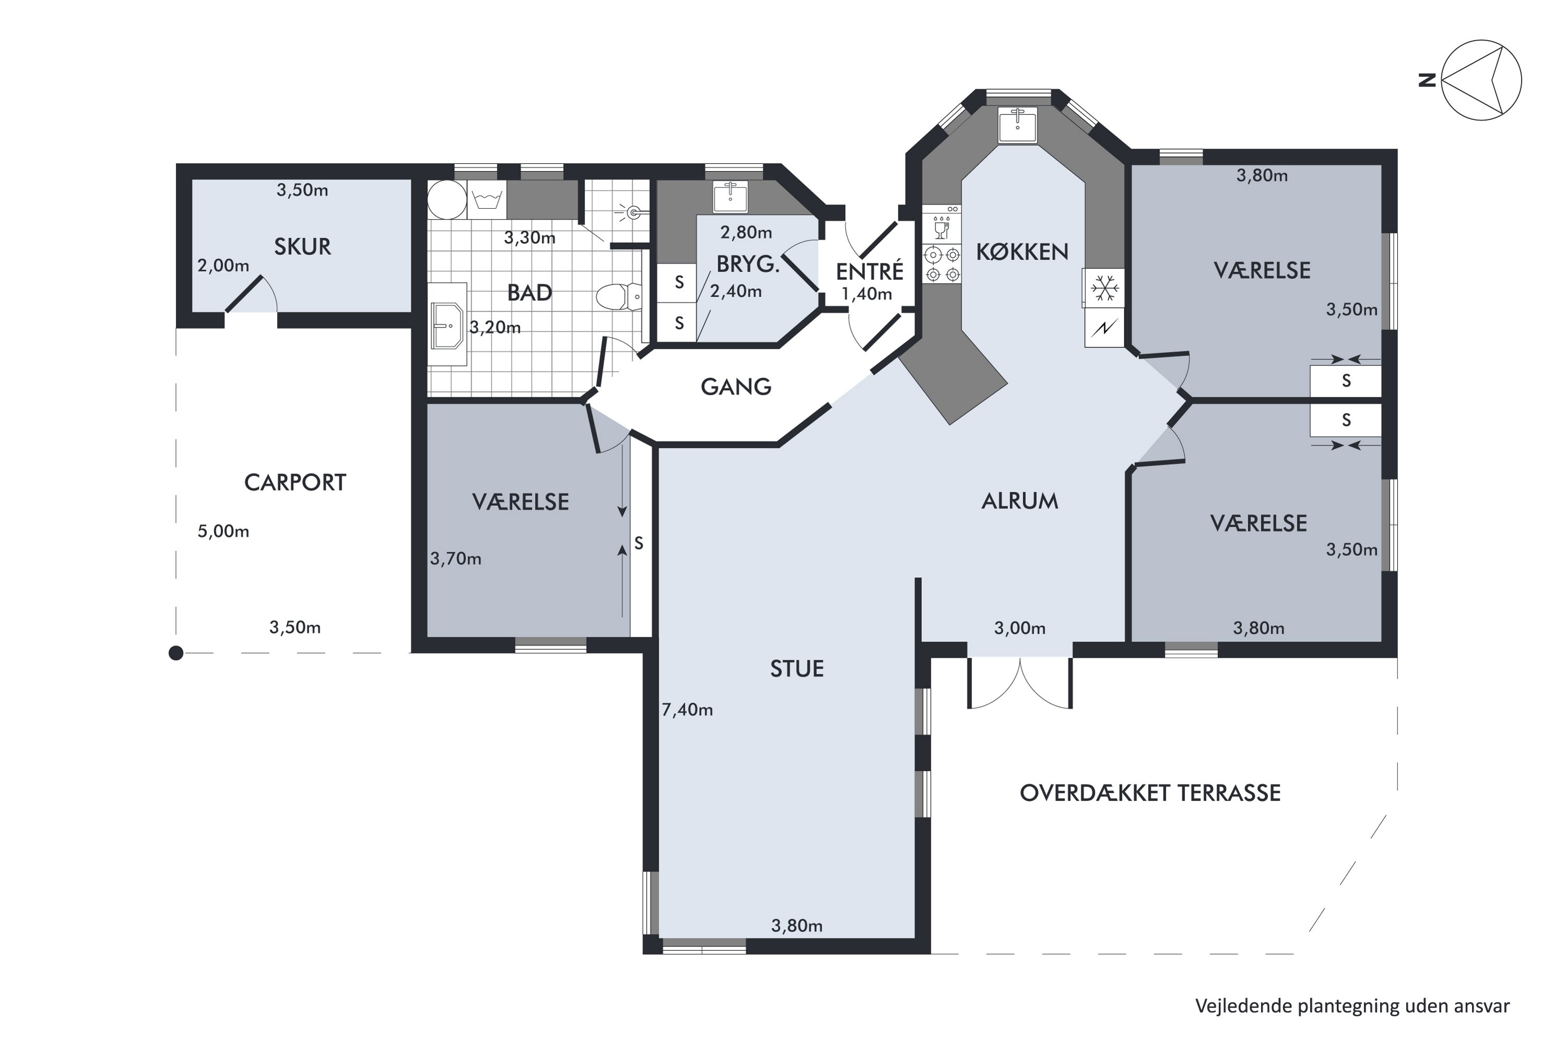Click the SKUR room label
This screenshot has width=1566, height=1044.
[x=302, y=246]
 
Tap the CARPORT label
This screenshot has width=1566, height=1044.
[x=295, y=482]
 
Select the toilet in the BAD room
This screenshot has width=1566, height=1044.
[x=619, y=297]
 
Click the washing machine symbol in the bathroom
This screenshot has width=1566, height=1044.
[x=487, y=199]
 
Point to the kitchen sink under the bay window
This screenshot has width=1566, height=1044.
[x=1017, y=125]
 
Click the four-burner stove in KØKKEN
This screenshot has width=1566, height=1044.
[x=942, y=264]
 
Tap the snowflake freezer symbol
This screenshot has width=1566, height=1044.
[x=1104, y=288]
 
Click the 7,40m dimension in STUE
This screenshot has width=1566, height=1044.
[x=687, y=710]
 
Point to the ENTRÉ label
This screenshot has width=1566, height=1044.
[x=870, y=271]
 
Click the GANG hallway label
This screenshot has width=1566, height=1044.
[x=735, y=386]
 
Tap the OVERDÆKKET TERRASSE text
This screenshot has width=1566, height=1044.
[x=1150, y=792]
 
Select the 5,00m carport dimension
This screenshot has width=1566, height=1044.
[x=223, y=531]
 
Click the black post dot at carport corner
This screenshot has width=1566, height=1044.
[x=176, y=653]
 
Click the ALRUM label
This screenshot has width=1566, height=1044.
[x=1019, y=501]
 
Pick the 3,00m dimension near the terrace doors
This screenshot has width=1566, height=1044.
[x=1019, y=628]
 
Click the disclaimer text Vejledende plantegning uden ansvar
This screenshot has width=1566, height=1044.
[x=1353, y=1005]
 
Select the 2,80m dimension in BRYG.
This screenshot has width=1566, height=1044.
[x=746, y=232]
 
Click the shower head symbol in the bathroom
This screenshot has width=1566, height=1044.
[x=633, y=213]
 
